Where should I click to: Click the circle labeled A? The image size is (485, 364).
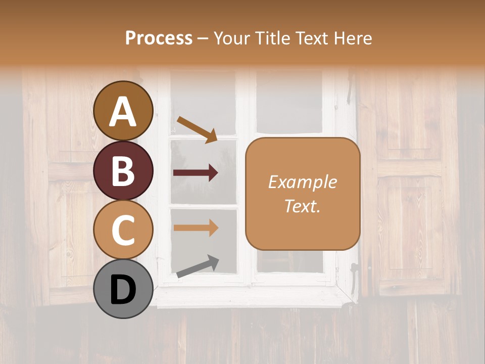[123, 111]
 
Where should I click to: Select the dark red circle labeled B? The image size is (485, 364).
[123, 170]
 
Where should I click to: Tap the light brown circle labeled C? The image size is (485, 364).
[123, 230]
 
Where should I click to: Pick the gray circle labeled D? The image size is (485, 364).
[123, 289]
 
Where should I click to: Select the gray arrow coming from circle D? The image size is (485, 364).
[198, 266]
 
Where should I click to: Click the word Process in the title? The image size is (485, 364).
[159, 38]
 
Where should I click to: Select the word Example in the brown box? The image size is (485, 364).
[302, 182]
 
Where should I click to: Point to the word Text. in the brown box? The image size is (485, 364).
[302, 206]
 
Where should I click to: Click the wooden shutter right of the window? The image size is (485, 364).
[409, 182]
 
